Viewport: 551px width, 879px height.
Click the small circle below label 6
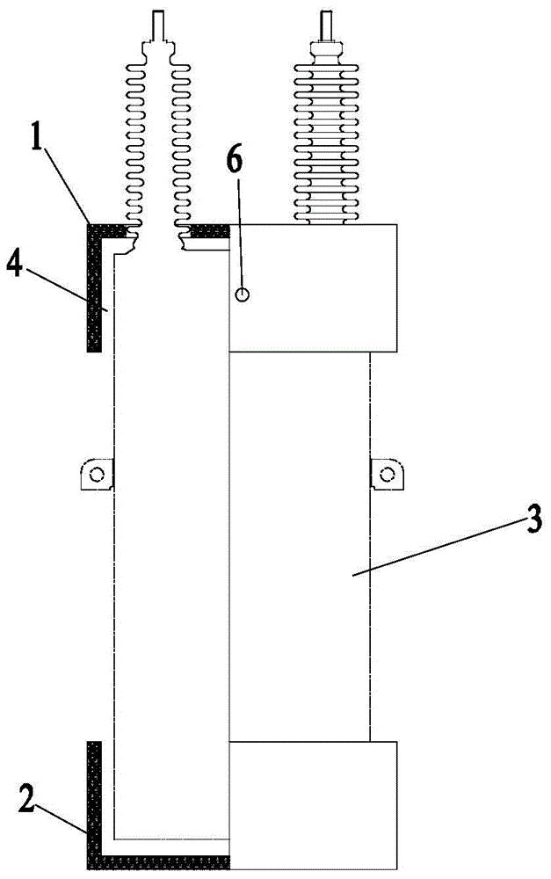tap(243, 296)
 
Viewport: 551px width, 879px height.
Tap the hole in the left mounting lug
tap(98, 476)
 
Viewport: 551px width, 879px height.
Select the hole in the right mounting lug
tap(387, 476)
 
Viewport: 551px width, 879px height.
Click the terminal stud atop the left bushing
tap(157, 24)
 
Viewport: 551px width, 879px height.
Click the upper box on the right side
tap(313, 287)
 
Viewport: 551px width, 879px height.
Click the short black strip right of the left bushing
tap(211, 230)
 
